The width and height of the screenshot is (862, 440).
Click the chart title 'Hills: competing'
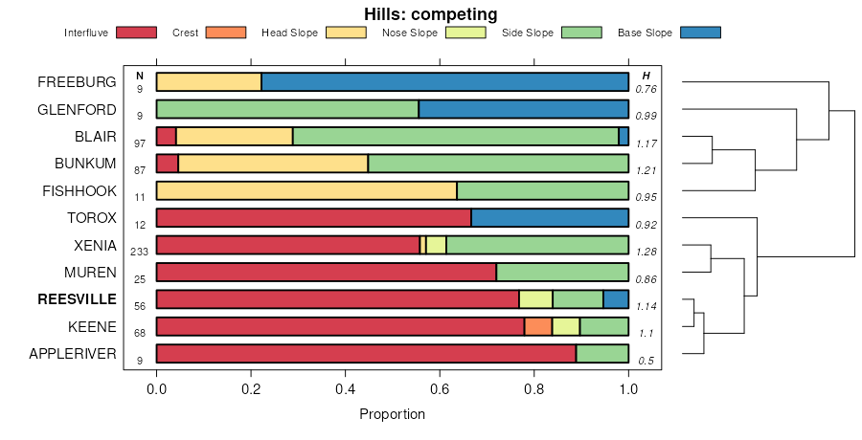tap(430, 13)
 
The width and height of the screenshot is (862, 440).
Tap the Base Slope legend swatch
tap(699, 33)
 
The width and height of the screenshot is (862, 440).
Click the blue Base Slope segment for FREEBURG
tap(444, 82)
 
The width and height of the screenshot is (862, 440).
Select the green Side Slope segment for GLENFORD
tap(287, 109)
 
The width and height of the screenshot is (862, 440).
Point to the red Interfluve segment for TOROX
tap(313, 217)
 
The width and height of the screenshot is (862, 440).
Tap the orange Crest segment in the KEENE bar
tap(538, 326)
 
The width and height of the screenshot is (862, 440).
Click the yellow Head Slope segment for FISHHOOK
tap(306, 190)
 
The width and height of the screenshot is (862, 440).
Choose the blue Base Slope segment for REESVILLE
tap(616, 299)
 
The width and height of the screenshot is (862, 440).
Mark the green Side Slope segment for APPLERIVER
tap(601, 354)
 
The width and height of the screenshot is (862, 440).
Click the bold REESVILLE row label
tap(77, 299)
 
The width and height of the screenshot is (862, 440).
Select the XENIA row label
tap(96, 245)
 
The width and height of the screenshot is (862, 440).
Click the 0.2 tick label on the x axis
tap(251, 390)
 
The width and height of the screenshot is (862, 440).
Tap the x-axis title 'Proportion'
tap(392, 414)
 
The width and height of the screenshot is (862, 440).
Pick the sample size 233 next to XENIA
tap(140, 252)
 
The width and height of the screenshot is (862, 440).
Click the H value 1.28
tap(646, 252)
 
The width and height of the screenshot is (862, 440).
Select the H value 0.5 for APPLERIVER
tap(646, 361)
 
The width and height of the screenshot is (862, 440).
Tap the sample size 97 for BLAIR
tap(140, 143)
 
